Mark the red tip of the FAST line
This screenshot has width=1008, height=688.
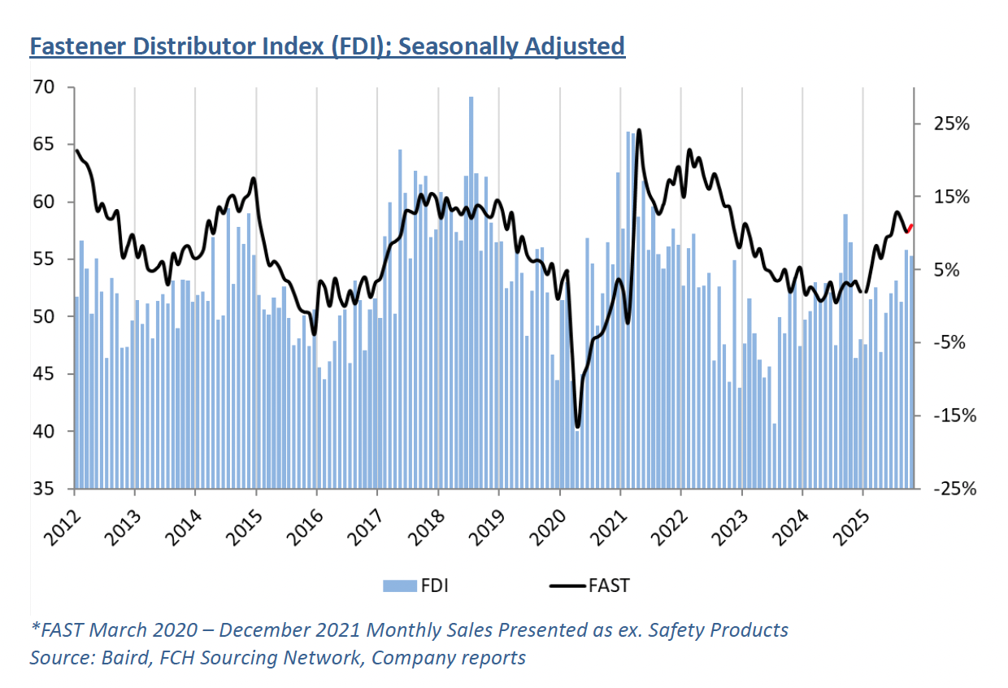pos(910,227)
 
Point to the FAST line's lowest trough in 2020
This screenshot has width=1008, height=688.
pos(577,427)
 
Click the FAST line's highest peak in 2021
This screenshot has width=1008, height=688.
pos(639,130)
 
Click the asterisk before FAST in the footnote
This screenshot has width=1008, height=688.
pos(34,629)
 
